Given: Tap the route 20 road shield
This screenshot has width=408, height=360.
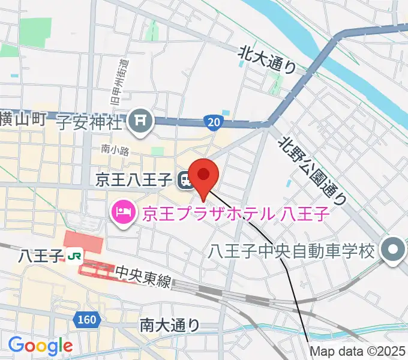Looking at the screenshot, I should pyautogui.click(x=215, y=122).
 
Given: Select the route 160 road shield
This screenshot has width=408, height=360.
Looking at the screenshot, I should pyautogui.click(x=88, y=320).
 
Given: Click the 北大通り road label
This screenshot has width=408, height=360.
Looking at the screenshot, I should pyautogui.click(x=268, y=60).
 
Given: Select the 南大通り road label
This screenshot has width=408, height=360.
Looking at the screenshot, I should pyautogui.click(x=170, y=325).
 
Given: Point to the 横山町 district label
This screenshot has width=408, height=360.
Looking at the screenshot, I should pyautogui.click(x=23, y=119).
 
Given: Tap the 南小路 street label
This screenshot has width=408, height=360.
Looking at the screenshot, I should pyautogui.click(x=115, y=151).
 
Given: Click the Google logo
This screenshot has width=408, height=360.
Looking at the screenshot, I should pyautogui.click(x=40, y=346).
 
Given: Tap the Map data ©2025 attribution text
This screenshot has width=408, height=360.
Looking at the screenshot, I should pyautogui.click(x=358, y=352).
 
